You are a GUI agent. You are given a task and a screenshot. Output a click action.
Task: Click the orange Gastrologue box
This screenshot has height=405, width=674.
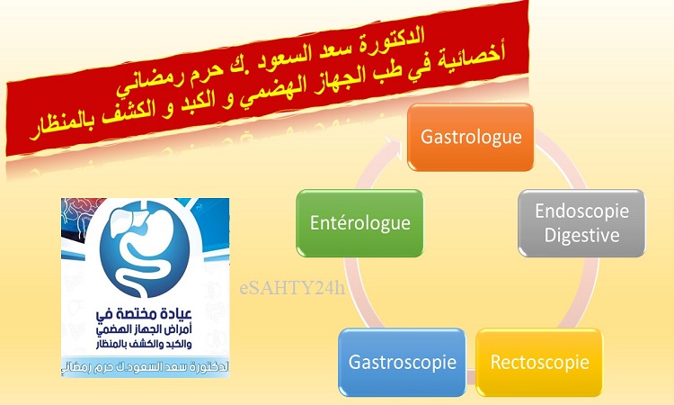tap(470, 137)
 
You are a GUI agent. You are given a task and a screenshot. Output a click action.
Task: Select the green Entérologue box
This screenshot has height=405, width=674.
tap(359, 223)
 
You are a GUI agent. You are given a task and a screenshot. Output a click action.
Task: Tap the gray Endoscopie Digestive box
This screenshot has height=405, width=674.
tap(581, 223)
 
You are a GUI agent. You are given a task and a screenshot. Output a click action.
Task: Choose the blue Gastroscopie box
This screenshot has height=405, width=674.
tap(402, 362)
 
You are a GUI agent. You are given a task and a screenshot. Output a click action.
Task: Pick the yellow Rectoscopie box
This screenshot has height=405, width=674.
tap(539, 362)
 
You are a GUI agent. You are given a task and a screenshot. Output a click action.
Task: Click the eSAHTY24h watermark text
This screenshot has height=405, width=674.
tap(292, 288)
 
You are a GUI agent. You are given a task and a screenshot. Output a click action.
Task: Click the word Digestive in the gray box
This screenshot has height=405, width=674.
tap(581, 236)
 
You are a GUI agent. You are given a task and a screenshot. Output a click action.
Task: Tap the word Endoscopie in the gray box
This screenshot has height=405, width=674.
tap(581, 211)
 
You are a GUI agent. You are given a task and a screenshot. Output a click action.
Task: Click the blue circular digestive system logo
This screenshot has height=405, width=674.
tap(145, 249)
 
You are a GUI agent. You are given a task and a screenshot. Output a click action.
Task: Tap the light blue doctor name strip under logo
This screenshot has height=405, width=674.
tap(146, 367)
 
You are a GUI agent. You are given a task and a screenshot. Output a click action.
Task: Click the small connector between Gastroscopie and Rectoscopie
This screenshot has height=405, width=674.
tap(471, 375)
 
